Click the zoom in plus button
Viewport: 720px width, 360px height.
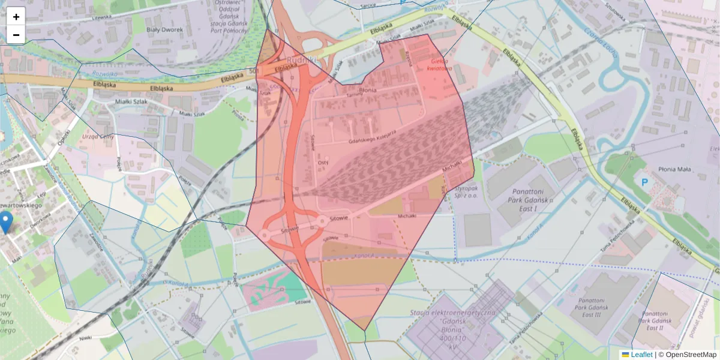(16, 17)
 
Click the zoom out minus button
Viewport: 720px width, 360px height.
(16, 35)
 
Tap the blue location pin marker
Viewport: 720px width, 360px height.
(6, 222)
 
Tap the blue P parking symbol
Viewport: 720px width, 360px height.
(645, 182)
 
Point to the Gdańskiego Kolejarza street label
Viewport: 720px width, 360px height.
(372, 137)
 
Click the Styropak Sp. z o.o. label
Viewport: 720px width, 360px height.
(467, 191)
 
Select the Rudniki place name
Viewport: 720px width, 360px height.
(301, 60)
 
